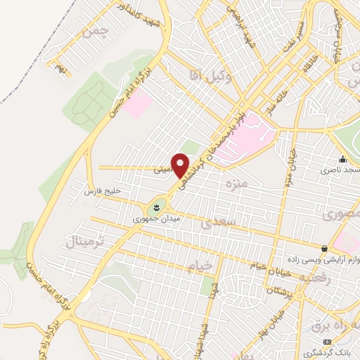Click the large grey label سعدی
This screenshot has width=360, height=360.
click(x=215, y=224)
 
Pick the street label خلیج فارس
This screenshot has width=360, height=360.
click(x=103, y=191)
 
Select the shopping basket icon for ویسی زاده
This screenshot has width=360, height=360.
click(x=323, y=249)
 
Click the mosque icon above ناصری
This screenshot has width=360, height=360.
click(x=342, y=160)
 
